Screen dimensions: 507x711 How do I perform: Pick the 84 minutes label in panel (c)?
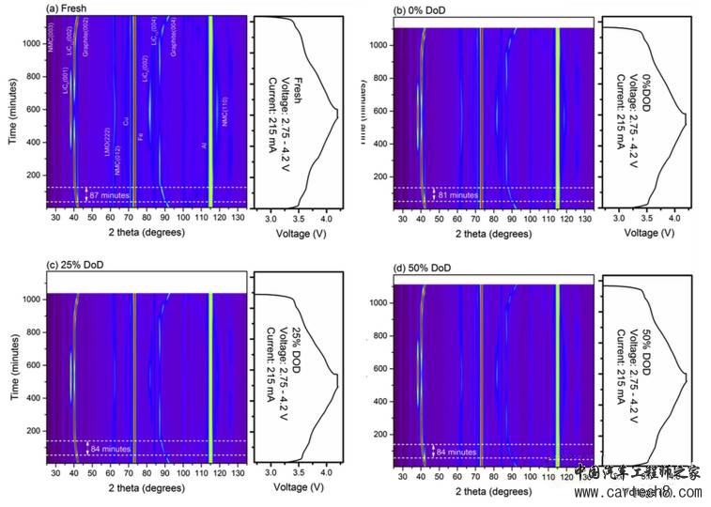coord(107,449)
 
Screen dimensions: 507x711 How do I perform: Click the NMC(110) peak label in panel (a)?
coord(224,112)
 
